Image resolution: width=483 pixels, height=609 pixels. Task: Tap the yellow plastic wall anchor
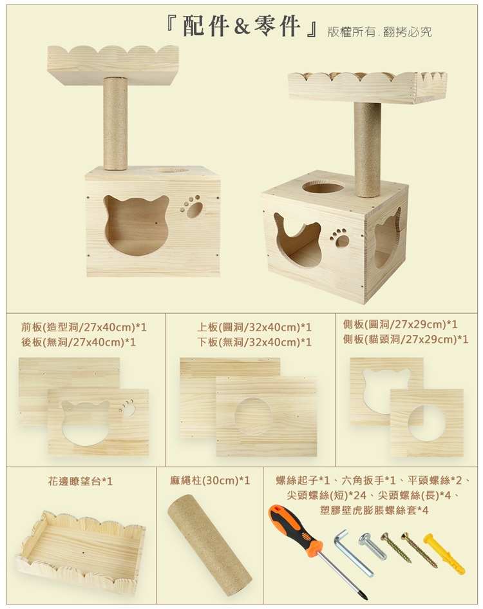pos(444,554)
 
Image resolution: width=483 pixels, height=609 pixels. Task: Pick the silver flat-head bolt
pos(372,546)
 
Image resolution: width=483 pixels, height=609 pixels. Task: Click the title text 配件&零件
pos(241,26)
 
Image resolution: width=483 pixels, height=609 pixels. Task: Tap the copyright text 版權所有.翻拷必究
pos(379,32)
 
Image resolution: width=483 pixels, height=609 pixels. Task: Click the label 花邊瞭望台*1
pos(80,481)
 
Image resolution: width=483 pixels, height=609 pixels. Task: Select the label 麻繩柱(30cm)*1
pos(210,481)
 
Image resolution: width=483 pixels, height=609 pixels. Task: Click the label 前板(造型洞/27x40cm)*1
pos(84,327)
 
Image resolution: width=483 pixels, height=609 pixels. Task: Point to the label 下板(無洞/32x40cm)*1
pos(254,342)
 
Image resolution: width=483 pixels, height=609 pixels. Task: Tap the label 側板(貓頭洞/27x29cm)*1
pos(406,339)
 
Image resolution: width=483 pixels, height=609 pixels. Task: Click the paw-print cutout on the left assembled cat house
pos(192,206)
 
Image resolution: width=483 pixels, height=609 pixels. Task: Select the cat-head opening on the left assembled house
pos(136,226)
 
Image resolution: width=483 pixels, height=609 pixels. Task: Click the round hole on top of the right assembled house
pos(323,187)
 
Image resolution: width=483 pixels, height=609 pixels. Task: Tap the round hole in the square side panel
pos(427,423)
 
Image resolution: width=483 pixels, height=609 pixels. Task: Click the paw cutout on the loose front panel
pos(127,408)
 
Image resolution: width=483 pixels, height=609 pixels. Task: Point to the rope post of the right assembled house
pos(367,150)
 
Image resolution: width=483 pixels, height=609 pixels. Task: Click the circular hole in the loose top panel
pos(253,416)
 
